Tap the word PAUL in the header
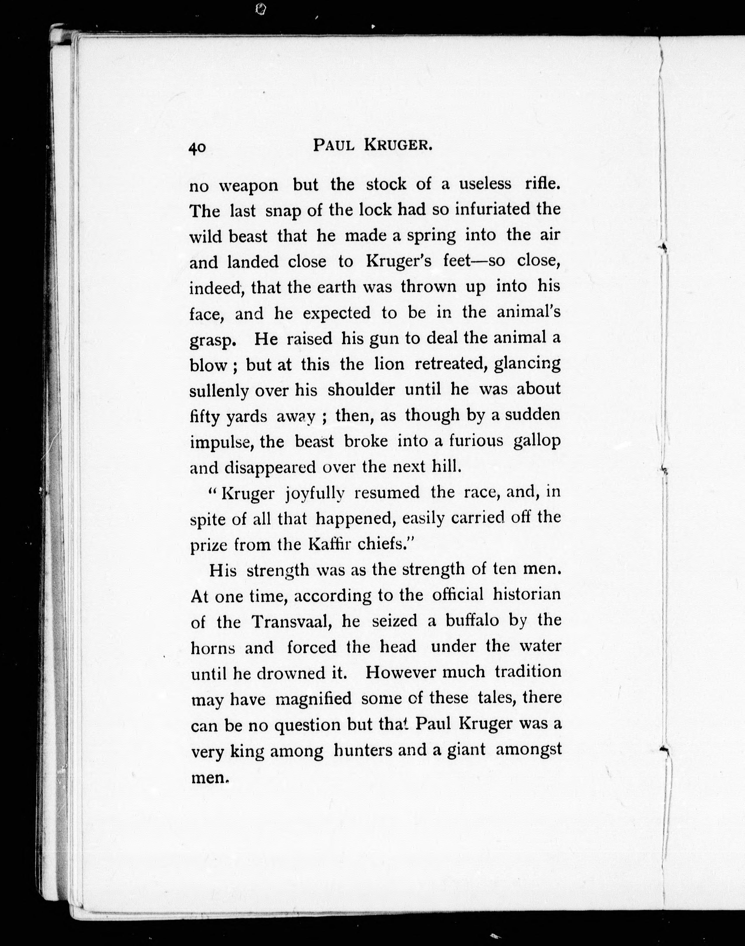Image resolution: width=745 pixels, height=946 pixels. pos(334,145)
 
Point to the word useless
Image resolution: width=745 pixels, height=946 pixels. pos(485,184)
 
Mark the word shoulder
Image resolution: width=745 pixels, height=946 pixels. pos(361,390)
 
